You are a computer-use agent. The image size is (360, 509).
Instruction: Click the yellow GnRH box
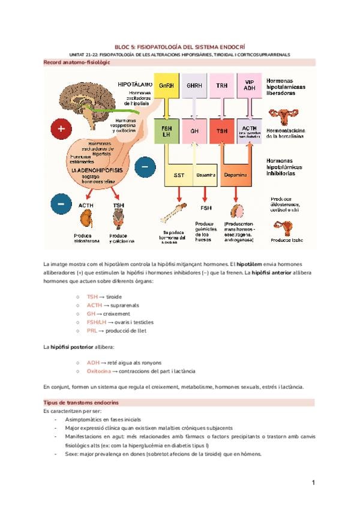[x=166, y=85]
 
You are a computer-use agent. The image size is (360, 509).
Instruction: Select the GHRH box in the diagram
[x=194, y=85]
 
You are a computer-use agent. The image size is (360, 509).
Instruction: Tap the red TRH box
[x=221, y=85]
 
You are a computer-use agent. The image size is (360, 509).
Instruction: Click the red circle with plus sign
[x=61, y=127]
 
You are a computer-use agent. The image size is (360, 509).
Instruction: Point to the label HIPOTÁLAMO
[x=135, y=85]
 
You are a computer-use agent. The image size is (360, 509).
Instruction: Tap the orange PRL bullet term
[x=92, y=330]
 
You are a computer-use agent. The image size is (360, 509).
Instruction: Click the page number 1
[x=313, y=482]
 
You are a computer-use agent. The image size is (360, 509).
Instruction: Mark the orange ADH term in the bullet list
[x=93, y=363]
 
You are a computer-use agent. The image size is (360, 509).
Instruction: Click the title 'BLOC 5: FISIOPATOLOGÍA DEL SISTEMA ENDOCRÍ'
[x=179, y=46]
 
